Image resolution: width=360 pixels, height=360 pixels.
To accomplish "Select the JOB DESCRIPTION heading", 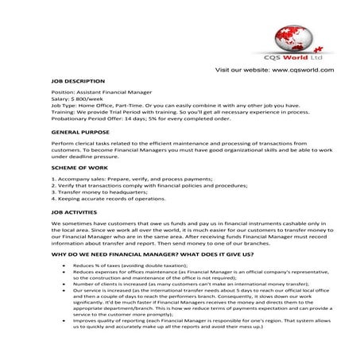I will [x=77, y=81].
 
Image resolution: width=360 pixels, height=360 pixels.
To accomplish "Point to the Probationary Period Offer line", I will [x=127, y=119].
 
